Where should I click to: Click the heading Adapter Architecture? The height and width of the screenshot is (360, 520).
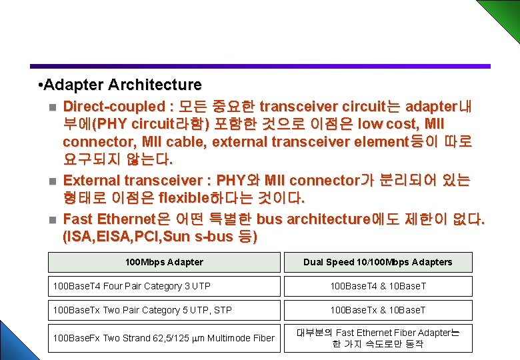pyautogui.click(x=120, y=85)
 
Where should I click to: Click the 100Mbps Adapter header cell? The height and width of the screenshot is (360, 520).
pyautogui.click(x=164, y=262)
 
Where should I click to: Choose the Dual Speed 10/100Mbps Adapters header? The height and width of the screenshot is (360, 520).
pyautogui.click(x=377, y=262)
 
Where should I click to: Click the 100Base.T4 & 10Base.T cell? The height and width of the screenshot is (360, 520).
pyautogui.click(x=377, y=286)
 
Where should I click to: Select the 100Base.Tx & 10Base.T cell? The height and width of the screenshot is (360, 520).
pyautogui.click(x=377, y=310)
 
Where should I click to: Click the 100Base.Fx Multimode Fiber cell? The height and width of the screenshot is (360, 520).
pyautogui.click(x=164, y=338)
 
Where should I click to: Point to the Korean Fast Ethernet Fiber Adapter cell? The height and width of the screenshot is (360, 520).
pyautogui.click(x=377, y=338)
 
